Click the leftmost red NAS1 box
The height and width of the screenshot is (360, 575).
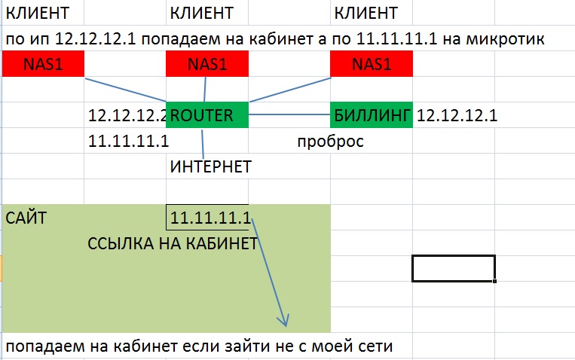[x=43, y=64]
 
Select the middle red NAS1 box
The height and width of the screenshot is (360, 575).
[x=207, y=64]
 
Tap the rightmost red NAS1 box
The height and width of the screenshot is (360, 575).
[x=372, y=64]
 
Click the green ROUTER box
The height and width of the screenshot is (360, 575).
[x=207, y=114]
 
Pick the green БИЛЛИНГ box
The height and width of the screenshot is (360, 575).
[x=372, y=114]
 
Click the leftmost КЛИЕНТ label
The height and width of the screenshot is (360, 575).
[x=38, y=14]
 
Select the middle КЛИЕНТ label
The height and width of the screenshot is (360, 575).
[x=202, y=14]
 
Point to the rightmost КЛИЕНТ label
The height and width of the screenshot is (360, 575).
[x=366, y=14]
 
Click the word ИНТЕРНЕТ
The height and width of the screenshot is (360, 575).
[x=211, y=166]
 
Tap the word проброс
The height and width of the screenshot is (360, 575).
[x=330, y=142]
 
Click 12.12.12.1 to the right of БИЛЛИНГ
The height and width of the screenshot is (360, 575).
[x=457, y=115]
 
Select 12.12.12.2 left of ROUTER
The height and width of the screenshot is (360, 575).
[x=127, y=115]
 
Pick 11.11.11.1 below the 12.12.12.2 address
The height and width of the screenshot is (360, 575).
[x=128, y=141]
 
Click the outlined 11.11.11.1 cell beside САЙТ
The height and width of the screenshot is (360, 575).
[x=207, y=218]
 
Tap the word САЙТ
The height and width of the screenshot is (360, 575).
[x=26, y=218]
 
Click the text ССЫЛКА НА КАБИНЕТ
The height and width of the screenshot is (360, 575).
[x=173, y=244]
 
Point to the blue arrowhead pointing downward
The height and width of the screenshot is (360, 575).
[x=283, y=320]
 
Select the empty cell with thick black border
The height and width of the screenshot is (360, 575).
[x=454, y=269]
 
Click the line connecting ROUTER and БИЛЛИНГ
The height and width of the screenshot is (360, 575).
[x=289, y=114]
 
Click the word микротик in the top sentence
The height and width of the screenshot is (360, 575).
[x=506, y=39]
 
